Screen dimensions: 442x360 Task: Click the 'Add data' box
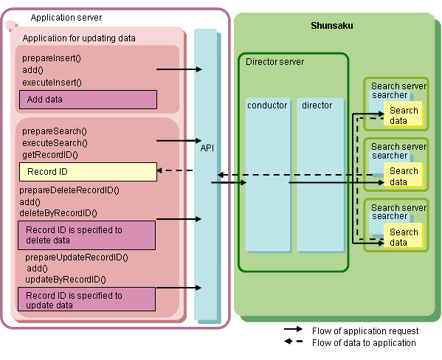coord(88,100)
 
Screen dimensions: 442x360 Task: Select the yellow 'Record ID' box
coord(88,172)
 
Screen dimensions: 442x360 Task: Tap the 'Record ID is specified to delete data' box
coord(86,235)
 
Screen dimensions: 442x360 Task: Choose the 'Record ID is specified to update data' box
coord(86,300)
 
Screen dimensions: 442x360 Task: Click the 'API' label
coord(207,148)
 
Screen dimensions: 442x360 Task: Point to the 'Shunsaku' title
coord(332,26)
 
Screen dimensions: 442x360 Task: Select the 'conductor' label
coord(267,105)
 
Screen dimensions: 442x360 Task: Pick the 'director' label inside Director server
coord(317,105)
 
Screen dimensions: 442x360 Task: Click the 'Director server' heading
coord(274,62)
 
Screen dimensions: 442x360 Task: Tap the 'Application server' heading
coord(66,18)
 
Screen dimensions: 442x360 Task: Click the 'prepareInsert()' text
coord(52,58)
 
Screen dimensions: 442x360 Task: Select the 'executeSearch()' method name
coord(55,143)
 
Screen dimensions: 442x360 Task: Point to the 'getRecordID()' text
coord(50,155)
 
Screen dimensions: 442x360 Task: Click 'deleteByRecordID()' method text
coord(58,213)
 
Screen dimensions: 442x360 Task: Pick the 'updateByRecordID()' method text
coord(66,280)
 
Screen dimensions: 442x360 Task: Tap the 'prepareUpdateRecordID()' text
coord(77,257)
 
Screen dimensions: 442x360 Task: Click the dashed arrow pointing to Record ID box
coord(175,170)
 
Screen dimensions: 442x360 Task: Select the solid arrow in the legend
coord(293,329)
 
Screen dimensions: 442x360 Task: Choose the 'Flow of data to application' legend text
coord(364,343)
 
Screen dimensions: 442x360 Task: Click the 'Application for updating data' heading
coord(79,38)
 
